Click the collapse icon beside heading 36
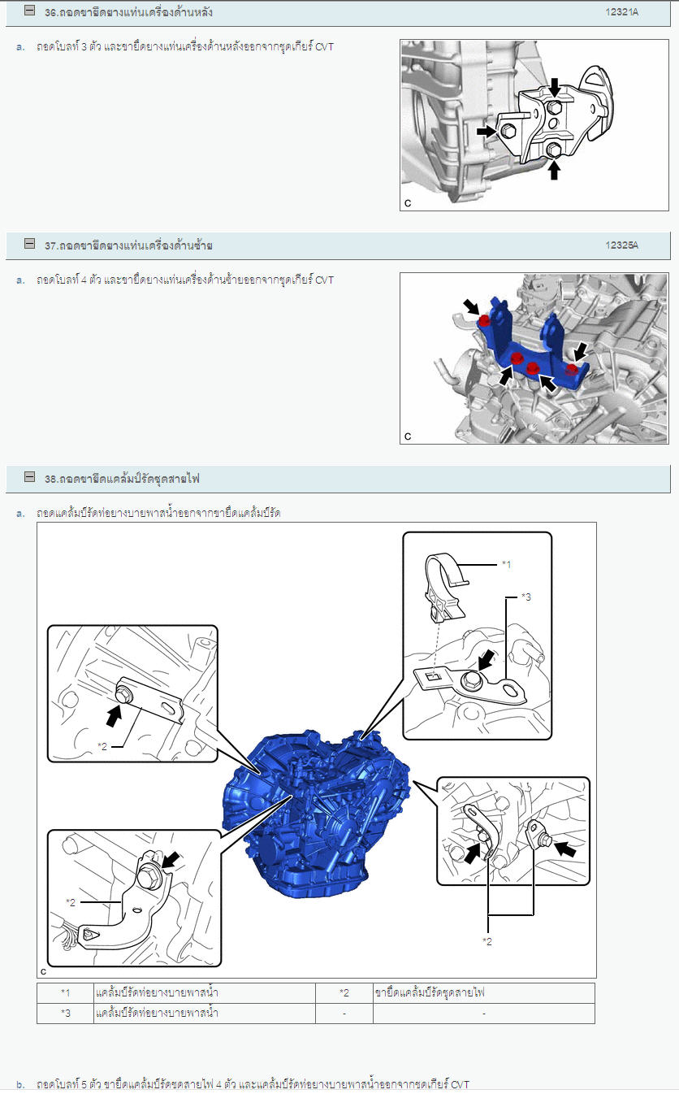pyautogui.click(x=30, y=11)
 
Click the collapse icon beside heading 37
pyautogui.click(x=30, y=243)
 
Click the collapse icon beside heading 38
pyautogui.click(x=30, y=476)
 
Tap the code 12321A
pyautogui.click(x=621, y=12)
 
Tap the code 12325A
pyautogui.click(x=621, y=245)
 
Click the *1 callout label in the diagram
pyautogui.click(x=506, y=565)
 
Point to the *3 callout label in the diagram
pyautogui.click(x=525, y=597)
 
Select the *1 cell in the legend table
pyautogui.click(x=66, y=993)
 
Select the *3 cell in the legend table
pyautogui.click(x=66, y=1014)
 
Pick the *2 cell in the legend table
pyautogui.click(x=344, y=993)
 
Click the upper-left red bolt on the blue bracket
pyautogui.click(x=484, y=321)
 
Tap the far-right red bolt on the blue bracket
pyautogui.click(x=572, y=370)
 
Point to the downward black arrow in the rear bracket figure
pyautogui.click(x=554, y=88)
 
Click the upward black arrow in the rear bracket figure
pyautogui.click(x=554, y=171)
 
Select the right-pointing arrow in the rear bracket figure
pyautogui.click(x=487, y=131)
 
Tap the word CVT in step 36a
pyautogui.click(x=324, y=47)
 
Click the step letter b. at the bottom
pyautogui.click(x=20, y=1085)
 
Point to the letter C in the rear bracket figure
pyautogui.click(x=408, y=203)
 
